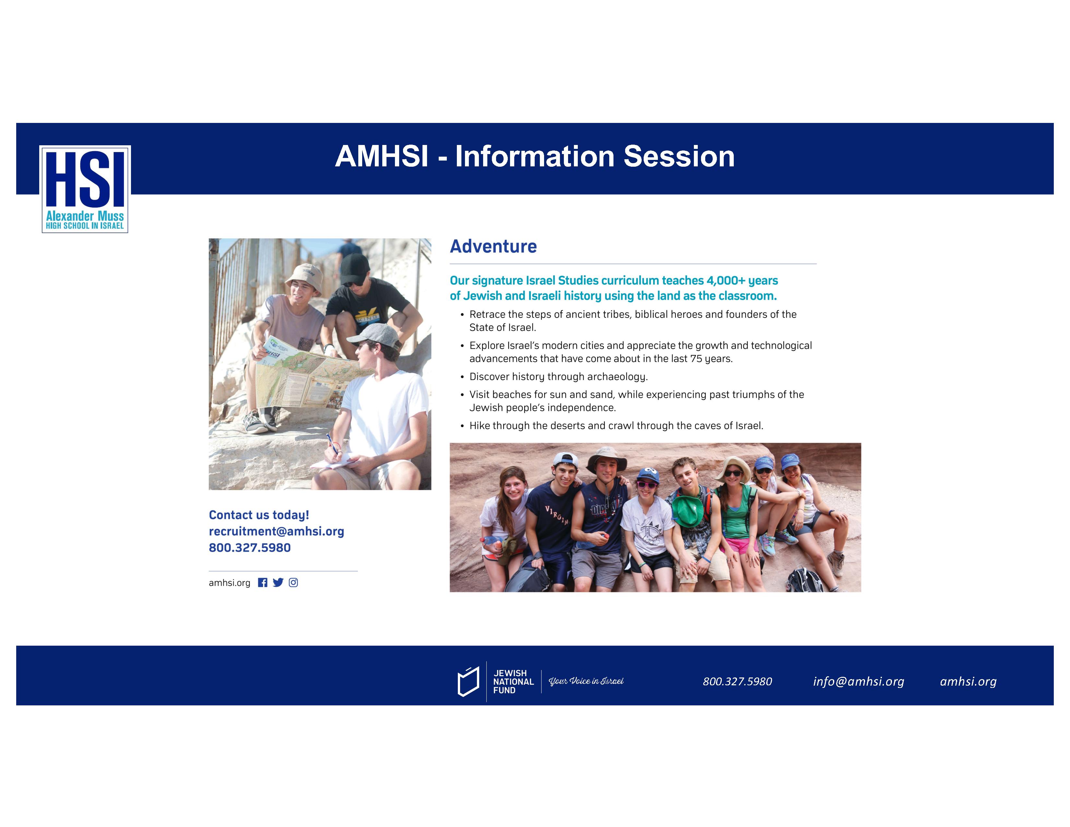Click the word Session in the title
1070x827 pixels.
coord(679,156)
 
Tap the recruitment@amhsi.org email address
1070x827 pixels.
coord(276,532)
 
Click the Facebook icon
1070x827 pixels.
coord(263,582)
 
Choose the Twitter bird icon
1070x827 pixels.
coord(278,582)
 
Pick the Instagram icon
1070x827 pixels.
coord(293,582)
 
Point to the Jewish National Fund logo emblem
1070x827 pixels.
coord(468,681)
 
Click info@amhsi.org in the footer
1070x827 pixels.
coord(858,681)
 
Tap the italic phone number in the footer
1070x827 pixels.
coord(737,681)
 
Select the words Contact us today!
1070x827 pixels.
coord(259,515)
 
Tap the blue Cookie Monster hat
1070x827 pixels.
coord(648,474)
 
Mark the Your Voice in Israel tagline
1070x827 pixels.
coord(586,681)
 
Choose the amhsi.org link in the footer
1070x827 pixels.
coord(968,681)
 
